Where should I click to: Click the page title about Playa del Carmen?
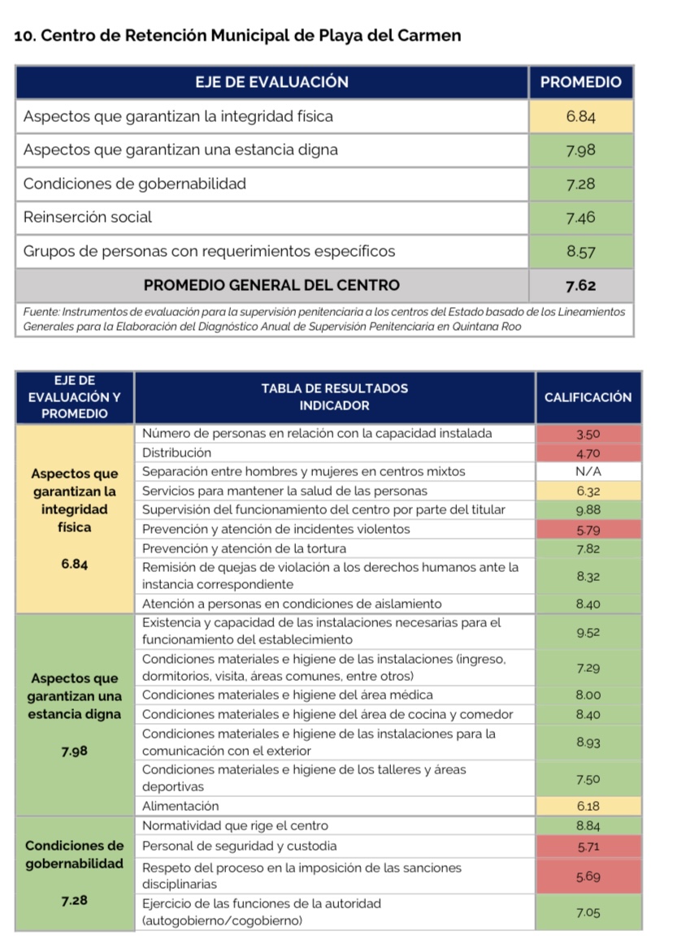238,36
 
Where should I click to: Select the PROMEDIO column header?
580,82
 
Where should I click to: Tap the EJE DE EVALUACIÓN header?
272,82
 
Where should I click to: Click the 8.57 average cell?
580,251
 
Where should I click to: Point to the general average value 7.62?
580,285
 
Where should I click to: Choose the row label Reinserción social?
88,217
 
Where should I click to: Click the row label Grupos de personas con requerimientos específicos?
210,251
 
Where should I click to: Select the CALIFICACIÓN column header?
588,397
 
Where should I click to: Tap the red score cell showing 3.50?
588,434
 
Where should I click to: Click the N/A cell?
588,472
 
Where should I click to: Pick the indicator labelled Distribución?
176,453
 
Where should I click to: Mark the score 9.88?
588,510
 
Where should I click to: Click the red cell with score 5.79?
588,529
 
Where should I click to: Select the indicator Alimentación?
180,806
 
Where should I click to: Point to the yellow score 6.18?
588,806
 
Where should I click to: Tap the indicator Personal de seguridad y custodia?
239,846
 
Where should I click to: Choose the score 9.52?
588,632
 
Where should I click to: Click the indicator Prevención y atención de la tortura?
244,548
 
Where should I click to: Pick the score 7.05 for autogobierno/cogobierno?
588,913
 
